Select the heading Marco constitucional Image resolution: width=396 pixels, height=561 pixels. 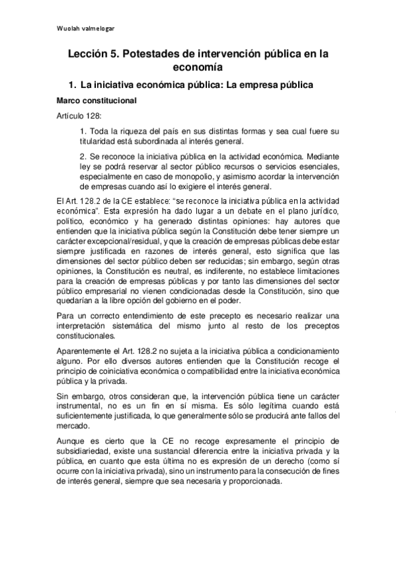point(97,101)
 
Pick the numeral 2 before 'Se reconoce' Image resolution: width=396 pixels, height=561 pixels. point(82,157)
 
